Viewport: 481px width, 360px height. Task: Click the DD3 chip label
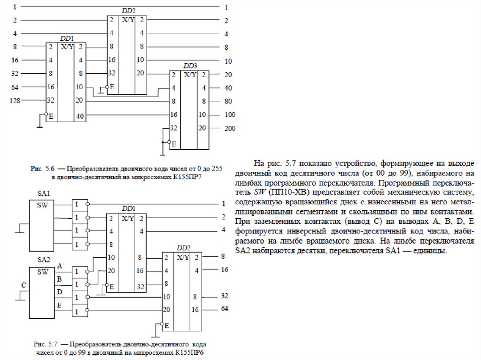coord(190,65)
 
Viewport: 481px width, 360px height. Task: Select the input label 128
coord(15,100)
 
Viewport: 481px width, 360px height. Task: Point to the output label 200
coord(230,128)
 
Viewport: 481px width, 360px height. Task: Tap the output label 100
coord(230,115)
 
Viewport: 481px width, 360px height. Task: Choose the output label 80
coord(228,101)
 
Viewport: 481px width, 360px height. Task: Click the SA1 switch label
coord(43,194)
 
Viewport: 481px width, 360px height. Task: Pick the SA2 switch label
coord(43,260)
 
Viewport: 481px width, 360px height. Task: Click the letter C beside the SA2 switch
coord(23,285)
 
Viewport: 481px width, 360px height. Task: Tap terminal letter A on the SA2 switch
coord(60,266)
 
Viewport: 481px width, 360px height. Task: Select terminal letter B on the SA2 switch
coord(59,279)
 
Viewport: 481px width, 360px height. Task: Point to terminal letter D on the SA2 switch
coord(60,292)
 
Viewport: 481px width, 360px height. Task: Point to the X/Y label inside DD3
coord(190,75)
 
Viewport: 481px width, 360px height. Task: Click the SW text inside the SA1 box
coord(43,205)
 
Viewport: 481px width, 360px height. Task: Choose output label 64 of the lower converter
coord(225,308)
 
